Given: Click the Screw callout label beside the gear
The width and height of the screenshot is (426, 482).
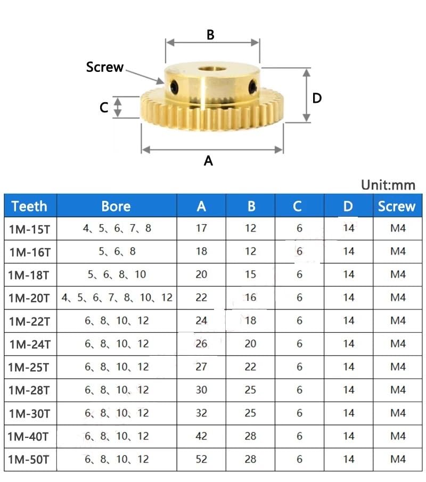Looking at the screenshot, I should (x=105, y=68).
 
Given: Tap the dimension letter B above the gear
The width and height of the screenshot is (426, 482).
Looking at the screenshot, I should (x=210, y=35).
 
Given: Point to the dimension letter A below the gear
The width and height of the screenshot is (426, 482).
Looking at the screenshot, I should (x=208, y=160).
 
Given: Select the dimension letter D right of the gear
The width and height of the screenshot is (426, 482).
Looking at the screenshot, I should (x=317, y=98).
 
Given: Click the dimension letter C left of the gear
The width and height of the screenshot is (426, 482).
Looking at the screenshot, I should (x=104, y=108).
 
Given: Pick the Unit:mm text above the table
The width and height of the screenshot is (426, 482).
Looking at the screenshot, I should (x=388, y=185).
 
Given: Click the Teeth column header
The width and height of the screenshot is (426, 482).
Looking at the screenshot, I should (x=29, y=206).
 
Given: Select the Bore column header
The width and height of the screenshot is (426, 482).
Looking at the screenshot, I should (x=116, y=206).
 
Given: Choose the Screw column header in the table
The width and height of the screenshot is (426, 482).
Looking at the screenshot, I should (x=396, y=206).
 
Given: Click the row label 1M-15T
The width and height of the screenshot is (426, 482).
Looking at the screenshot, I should (x=29, y=229).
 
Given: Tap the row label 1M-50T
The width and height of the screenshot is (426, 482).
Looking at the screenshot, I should (x=29, y=460).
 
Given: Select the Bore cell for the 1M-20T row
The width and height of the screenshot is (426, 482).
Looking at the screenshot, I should (x=117, y=298).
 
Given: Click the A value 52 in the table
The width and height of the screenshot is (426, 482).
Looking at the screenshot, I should (x=201, y=459).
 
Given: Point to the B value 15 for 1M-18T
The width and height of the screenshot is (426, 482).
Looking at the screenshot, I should (x=250, y=274).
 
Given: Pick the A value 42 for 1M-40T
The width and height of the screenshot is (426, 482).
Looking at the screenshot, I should (x=201, y=436).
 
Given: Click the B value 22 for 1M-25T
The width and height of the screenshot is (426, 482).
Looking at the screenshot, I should (x=250, y=367).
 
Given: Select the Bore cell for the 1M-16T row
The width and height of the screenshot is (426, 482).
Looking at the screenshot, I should (x=117, y=251).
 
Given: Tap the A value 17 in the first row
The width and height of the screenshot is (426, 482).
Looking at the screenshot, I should (x=201, y=228).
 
